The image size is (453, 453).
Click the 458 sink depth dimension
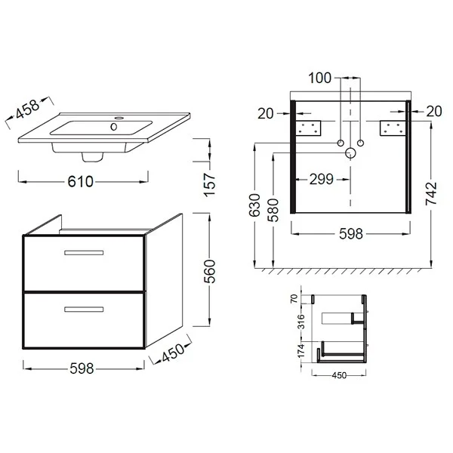(27, 109)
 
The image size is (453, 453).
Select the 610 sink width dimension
(80, 182)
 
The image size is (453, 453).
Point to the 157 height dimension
(210, 185)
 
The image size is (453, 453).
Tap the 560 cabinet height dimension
(210, 271)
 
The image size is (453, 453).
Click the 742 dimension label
(431, 193)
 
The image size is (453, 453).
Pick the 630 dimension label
(254, 205)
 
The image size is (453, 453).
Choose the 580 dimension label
(273, 210)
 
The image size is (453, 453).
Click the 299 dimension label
(322, 180)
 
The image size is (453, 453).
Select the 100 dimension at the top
(319, 78)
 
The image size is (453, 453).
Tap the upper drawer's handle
(84, 253)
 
